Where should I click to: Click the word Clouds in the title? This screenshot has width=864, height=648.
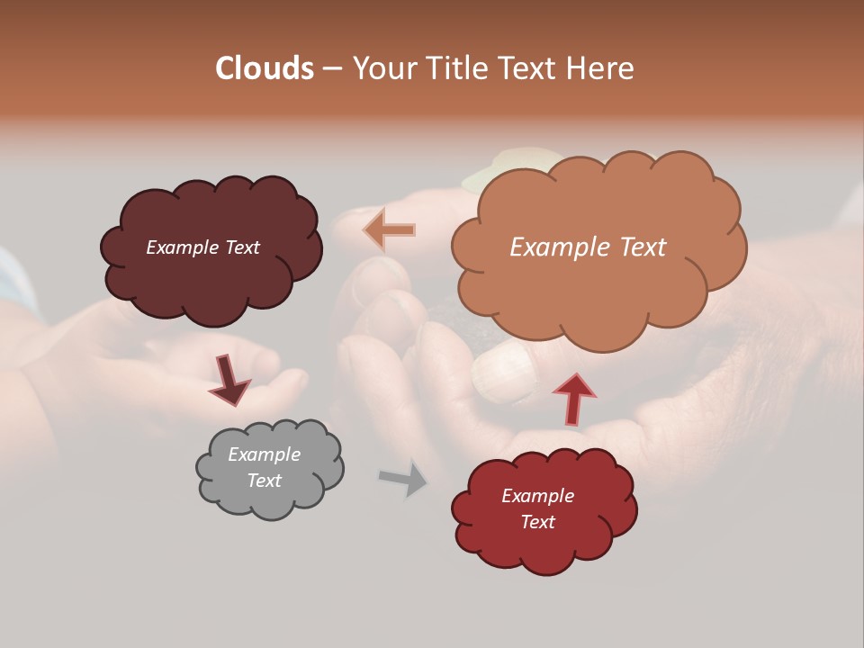(265, 68)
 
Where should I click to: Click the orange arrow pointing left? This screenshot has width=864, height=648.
(390, 230)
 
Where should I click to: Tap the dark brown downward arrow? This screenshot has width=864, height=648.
(229, 379)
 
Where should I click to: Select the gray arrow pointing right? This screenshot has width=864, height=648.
(403, 478)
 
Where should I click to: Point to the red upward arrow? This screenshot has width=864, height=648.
(573, 398)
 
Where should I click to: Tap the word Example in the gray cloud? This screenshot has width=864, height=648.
(265, 454)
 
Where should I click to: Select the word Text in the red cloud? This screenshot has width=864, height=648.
(537, 522)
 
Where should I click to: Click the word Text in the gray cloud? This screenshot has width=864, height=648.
(265, 481)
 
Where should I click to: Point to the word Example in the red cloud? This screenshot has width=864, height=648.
(537, 496)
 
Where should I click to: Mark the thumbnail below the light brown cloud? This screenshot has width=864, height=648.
(504, 373)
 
